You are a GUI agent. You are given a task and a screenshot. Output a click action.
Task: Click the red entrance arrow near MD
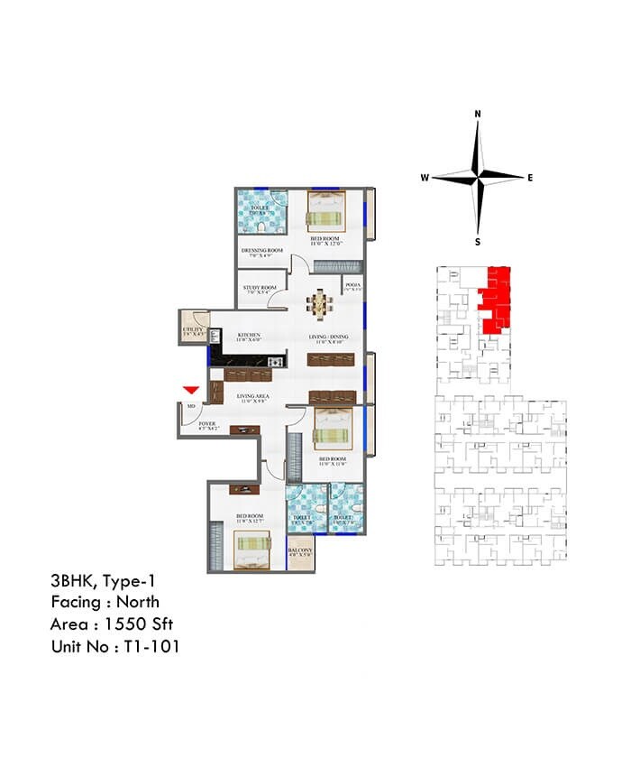point(190,389)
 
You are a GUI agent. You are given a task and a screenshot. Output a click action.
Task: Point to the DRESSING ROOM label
point(261,251)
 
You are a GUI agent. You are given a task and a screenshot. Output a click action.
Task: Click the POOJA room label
point(352,286)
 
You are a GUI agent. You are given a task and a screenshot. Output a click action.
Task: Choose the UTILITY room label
point(194,331)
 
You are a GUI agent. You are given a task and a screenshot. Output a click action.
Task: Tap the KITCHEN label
point(249,337)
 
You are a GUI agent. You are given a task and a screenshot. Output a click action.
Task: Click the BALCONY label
point(300,551)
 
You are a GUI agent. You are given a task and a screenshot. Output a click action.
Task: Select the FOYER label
point(207,423)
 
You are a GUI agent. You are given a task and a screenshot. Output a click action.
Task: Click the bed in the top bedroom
point(324,211)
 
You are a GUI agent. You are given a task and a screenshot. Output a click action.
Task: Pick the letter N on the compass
point(478,115)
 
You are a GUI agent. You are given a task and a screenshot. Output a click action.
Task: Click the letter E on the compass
point(530,178)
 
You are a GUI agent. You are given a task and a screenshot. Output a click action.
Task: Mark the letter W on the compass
point(424,178)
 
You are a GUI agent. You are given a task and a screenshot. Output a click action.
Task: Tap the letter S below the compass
point(478,242)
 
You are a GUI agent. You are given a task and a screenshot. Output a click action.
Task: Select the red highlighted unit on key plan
point(495,297)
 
